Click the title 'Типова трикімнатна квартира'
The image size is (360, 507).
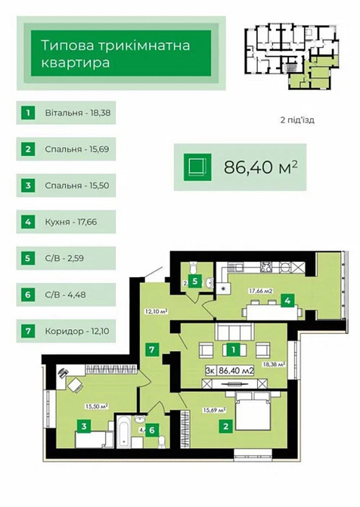coord(116,54)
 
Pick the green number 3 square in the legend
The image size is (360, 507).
coord(29,185)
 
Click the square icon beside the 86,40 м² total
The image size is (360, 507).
coord(197,166)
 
